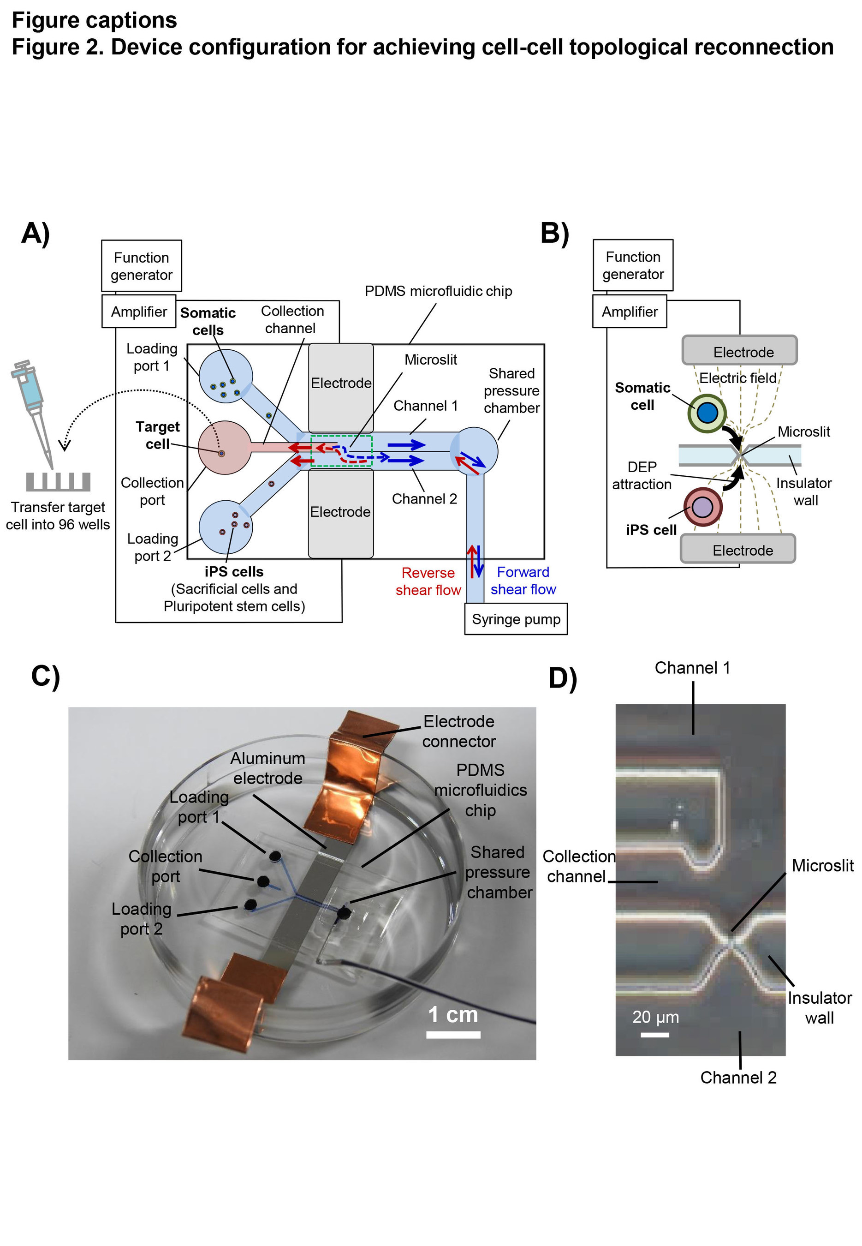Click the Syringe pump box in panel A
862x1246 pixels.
point(516,619)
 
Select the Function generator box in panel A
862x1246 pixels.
point(142,266)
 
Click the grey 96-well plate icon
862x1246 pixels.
point(58,481)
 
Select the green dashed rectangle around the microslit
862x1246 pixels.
point(341,450)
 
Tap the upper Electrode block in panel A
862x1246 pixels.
point(341,383)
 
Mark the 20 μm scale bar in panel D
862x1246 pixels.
point(654,1035)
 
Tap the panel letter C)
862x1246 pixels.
point(45,676)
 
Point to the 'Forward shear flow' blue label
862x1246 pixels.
point(523,581)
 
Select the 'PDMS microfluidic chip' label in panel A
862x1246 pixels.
point(438,291)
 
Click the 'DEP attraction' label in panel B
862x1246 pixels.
point(642,475)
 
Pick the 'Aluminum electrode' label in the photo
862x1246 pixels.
point(268,768)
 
